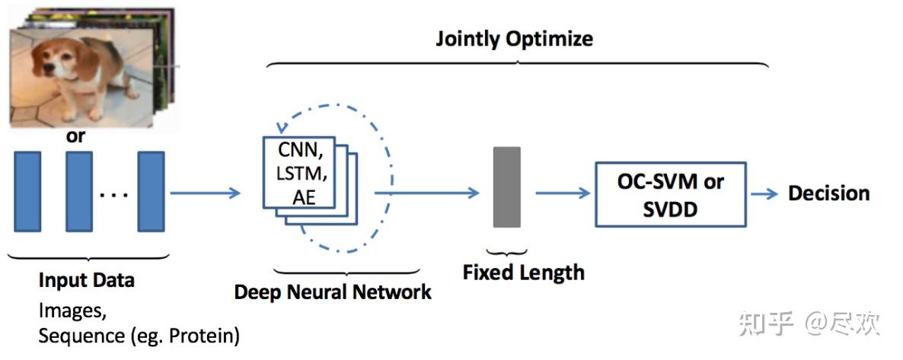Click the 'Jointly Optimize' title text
pos(514,39)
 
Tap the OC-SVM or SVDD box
pos(670,194)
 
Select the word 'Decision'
pos(828,193)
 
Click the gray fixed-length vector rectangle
pos(507,187)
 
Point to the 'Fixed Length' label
pos(523,272)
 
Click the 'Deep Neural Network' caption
pos(333,292)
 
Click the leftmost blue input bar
pos(27,191)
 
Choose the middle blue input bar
pos(78,191)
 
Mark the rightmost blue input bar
pos(151,191)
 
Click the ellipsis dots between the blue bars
pos(114,195)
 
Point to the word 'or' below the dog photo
pos(75,137)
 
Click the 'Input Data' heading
pos(86,280)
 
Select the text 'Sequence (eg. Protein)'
pos(139,336)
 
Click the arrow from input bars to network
pos(205,193)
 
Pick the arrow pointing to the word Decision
pos(765,193)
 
